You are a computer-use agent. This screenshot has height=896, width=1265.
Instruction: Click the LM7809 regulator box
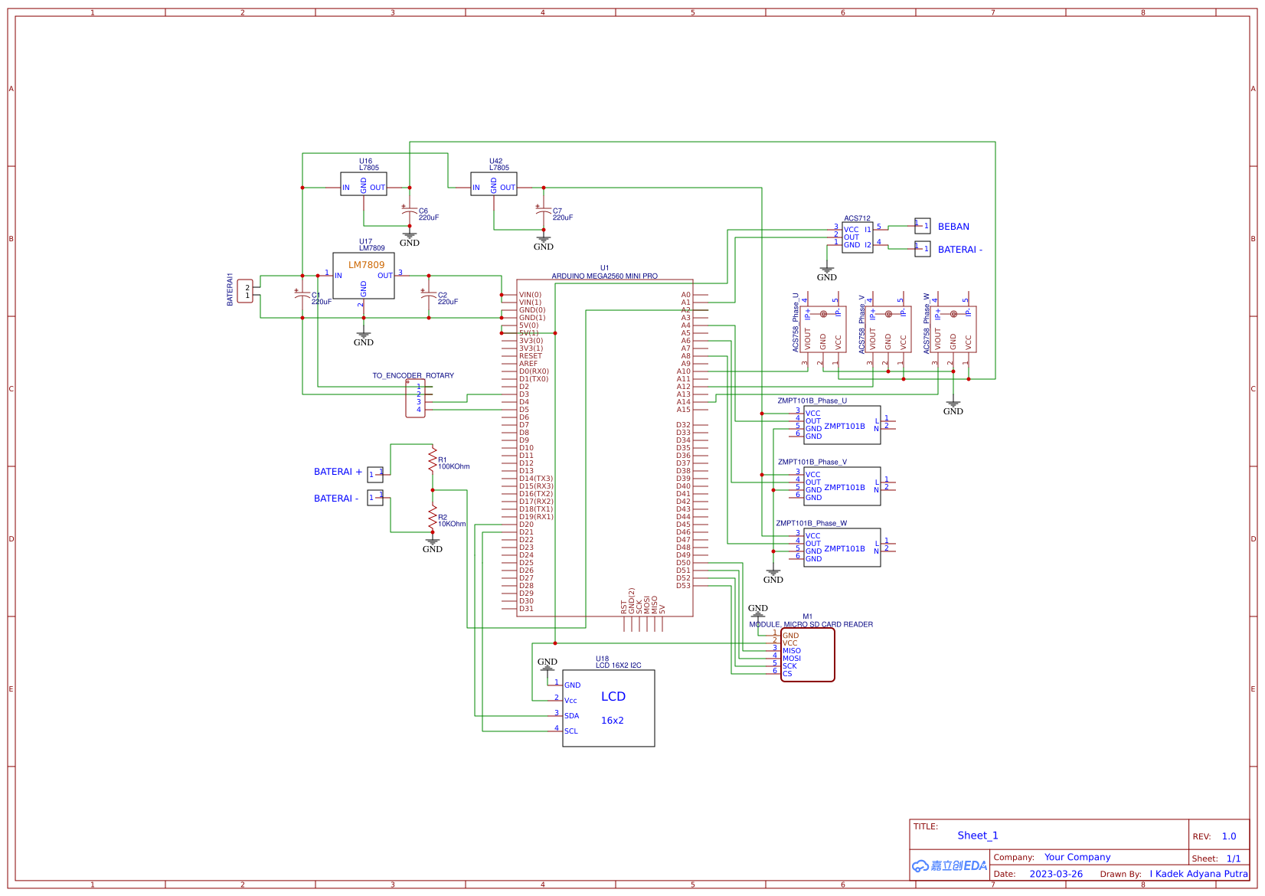coord(364,276)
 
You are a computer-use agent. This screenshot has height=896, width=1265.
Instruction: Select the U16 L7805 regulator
coord(364,184)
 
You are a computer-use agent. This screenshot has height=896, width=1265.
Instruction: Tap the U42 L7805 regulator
coord(494,184)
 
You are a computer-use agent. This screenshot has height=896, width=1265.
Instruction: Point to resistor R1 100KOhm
coord(433,461)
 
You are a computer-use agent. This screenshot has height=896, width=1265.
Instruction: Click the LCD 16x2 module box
coord(609,708)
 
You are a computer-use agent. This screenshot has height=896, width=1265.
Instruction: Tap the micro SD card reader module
coord(807,655)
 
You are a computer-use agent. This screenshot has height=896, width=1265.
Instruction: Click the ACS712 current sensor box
coord(858,237)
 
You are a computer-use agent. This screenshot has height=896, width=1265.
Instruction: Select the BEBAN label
coord(953,227)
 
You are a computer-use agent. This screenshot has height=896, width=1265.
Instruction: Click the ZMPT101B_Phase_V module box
coord(842,486)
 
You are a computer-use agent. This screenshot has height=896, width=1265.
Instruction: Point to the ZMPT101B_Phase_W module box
coord(842,548)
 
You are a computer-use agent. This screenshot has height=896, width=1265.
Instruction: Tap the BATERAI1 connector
coord(245,291)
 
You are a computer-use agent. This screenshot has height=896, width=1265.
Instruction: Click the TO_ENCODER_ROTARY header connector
coord(415,398)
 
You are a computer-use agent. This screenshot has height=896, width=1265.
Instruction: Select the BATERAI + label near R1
coord(338,472)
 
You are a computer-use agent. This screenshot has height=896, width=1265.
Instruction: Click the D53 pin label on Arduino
coord(683,586)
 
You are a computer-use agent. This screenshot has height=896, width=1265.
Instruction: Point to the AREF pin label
coord(528,364)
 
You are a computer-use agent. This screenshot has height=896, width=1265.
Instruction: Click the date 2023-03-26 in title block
coord(1056,874)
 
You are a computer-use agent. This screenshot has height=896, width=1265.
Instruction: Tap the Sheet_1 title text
coord(978,836)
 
